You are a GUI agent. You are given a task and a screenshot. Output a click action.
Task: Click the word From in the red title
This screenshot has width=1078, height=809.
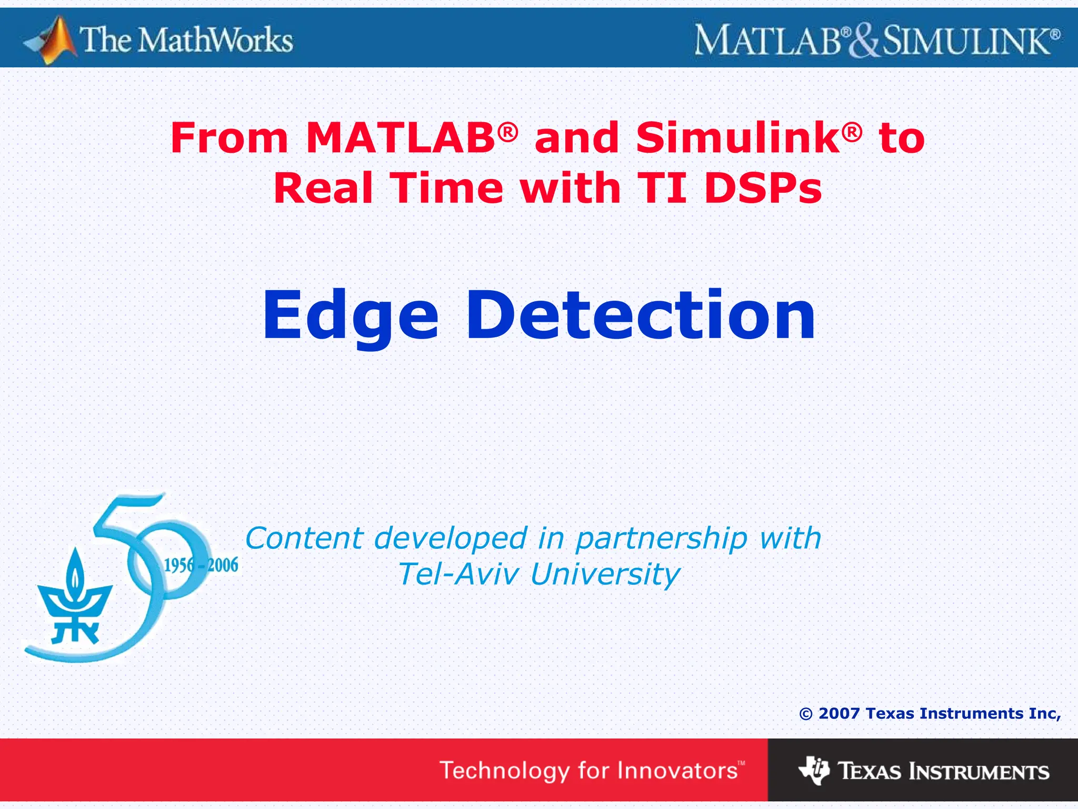[x=229, y=138]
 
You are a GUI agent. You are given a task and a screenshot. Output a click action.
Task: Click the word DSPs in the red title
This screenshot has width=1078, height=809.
[x=763, y=188]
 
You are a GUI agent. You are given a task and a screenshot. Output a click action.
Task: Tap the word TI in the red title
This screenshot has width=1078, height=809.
[x=662, y=188]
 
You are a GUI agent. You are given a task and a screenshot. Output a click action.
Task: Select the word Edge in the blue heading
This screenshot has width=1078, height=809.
[x=351, y=316]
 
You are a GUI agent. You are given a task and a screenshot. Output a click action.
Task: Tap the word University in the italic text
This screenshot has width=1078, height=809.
[x=605, y=575]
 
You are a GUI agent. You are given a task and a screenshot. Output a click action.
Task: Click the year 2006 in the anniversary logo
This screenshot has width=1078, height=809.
[x=223, y=565]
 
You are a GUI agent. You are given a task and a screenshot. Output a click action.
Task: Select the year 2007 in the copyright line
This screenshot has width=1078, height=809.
[x=839, y=714]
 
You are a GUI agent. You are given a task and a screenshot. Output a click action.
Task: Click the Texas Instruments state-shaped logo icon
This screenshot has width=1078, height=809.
[x=814, y=771]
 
